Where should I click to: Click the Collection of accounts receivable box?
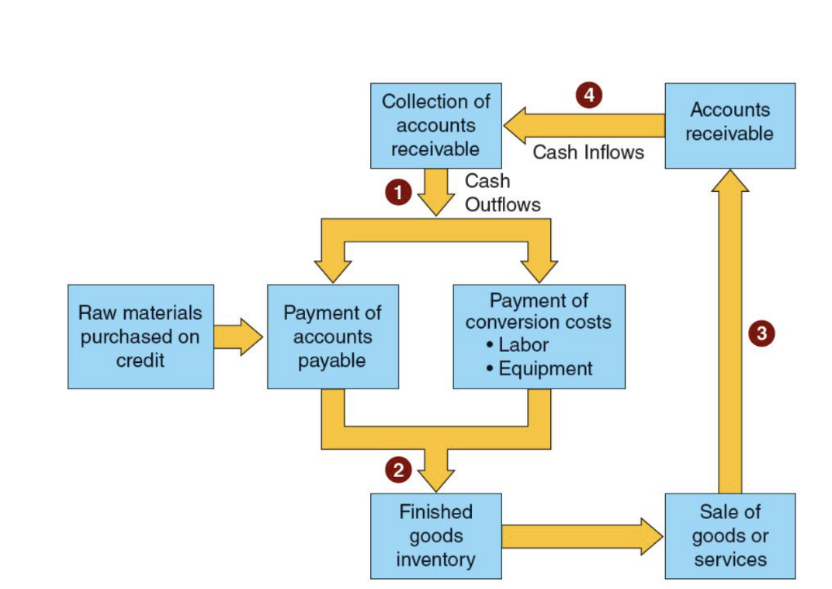[435, 125]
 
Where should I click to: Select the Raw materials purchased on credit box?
[140, 336]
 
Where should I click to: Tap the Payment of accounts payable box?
[332, 336]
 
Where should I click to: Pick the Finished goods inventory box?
[435, 535]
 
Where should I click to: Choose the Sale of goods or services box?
[730, 535]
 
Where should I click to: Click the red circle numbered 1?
[398, 193]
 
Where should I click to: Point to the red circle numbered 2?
[398, 469]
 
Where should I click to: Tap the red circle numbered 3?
[761, 334]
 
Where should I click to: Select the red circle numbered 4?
[589, 96]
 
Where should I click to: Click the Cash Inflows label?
[588, 152]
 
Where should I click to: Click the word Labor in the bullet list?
[523, 345]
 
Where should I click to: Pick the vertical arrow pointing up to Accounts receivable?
[730, 334]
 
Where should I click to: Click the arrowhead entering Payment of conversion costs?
[539, 269]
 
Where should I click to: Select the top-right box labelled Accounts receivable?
[730, 125]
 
